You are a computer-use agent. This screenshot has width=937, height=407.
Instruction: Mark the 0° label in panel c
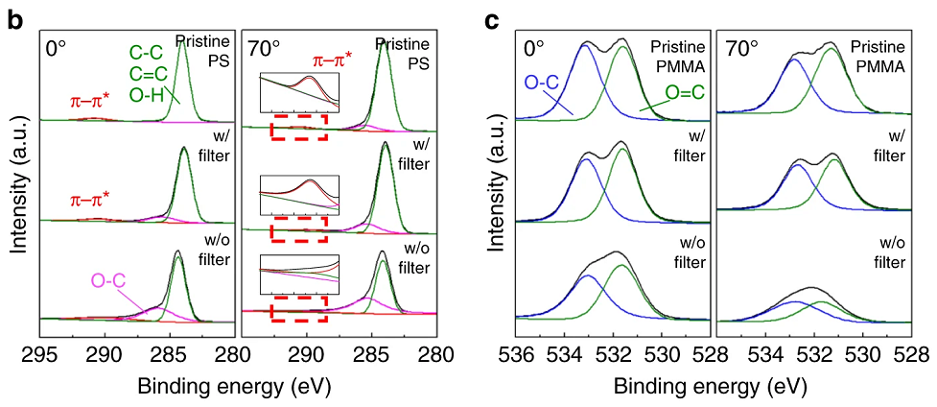[533, 48]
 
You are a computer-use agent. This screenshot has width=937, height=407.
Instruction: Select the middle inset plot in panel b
[299, 195]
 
